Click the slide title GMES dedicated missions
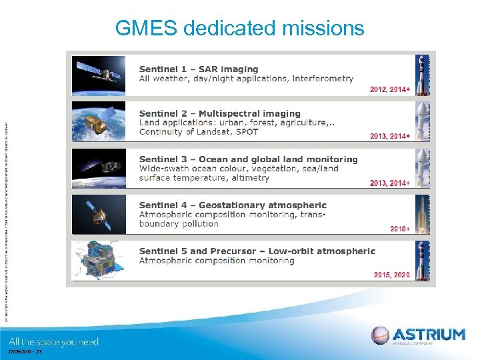[239, 28]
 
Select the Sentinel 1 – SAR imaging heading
[198, 69]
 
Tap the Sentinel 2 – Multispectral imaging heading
[219, 114]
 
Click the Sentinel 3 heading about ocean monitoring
[248, 159]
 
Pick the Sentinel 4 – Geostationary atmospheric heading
[233, 205]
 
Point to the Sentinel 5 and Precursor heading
[257, 251]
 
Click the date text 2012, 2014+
[390, 89]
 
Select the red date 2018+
[399, 229]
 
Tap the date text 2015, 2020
[391, 275]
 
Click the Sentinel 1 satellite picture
[98, 75]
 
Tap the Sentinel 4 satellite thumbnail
[98, 214]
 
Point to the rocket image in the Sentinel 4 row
[422, 214]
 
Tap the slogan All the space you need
[54, 342]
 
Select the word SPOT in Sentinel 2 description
[246, 131]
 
